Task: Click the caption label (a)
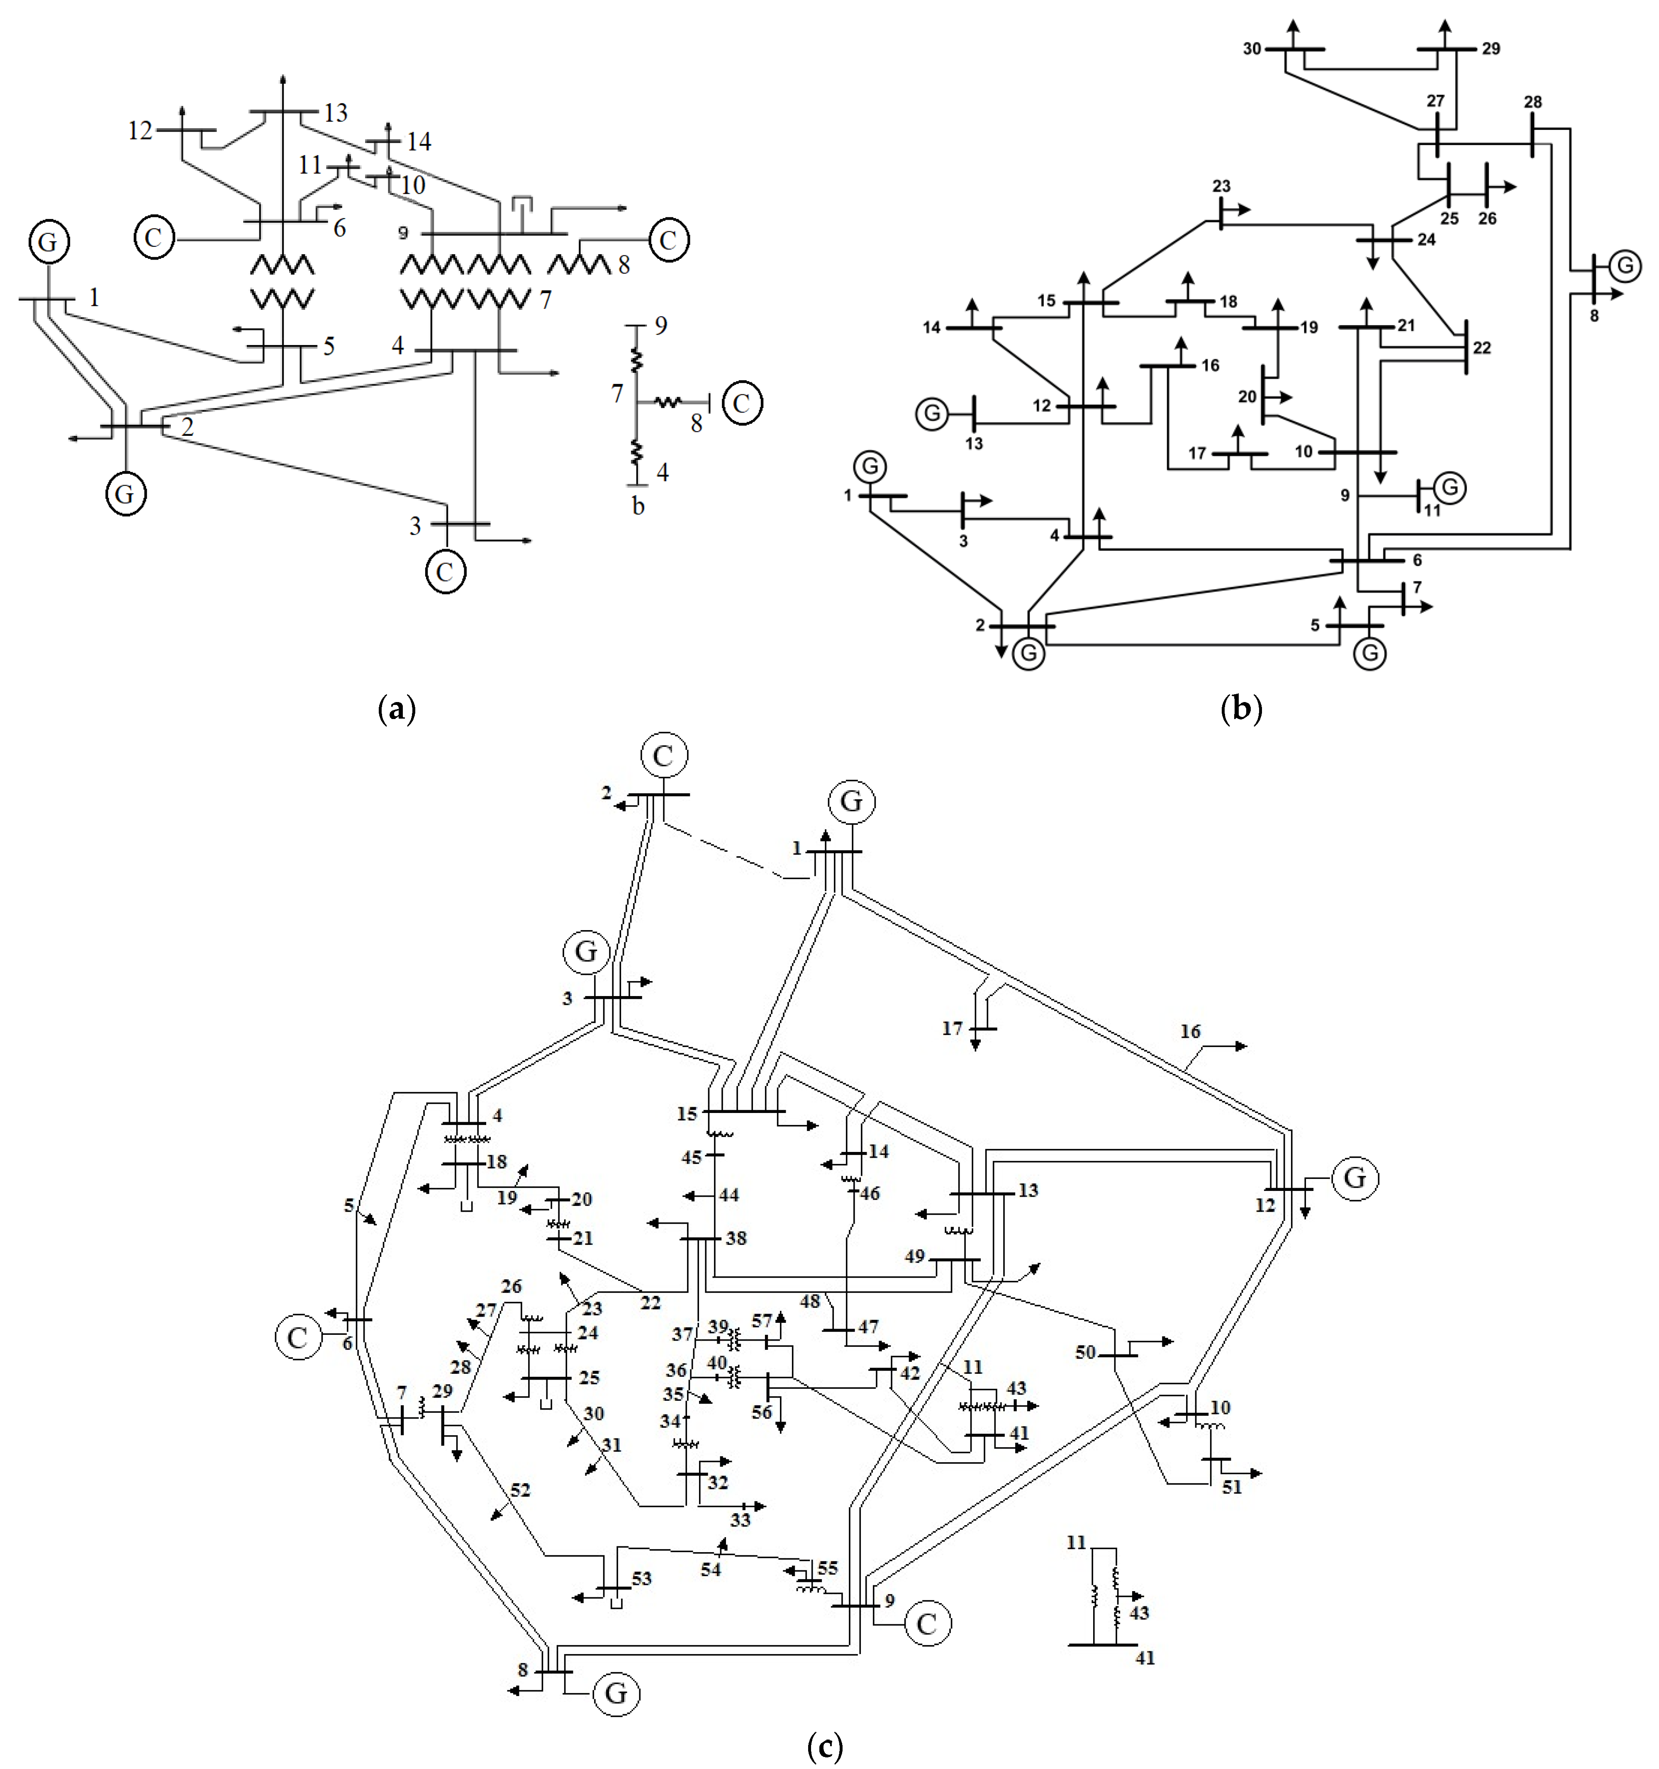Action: point(397,709)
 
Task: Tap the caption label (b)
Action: point(1242,709)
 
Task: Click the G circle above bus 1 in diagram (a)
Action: point(49,242)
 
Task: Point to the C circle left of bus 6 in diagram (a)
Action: point(154,238)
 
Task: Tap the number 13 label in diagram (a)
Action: point(336,113)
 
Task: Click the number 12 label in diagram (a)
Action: point(140,131)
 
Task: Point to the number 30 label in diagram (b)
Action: point(1252,49)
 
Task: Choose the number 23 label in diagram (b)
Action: point(1221,186)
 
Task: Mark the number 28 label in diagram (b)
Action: point(1532,102)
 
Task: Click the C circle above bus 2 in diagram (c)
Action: point(663,756)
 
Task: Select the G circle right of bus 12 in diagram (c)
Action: point(1354,1178)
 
